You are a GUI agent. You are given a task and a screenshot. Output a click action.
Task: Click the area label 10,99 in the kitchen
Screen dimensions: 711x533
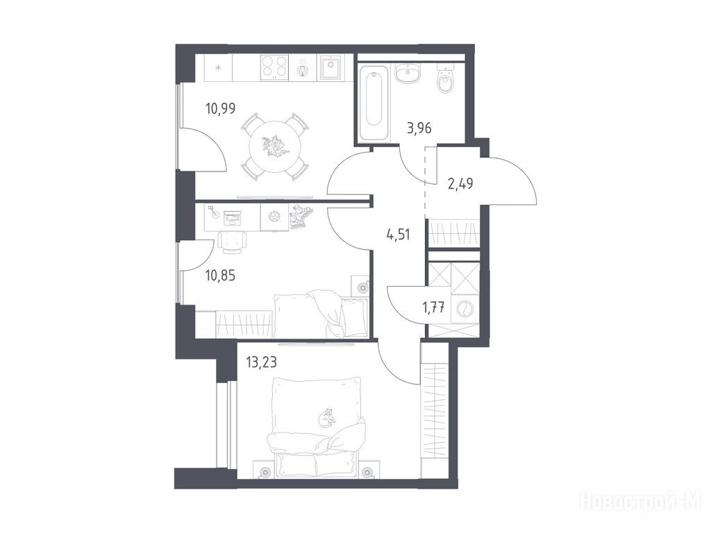(x=220, y=109)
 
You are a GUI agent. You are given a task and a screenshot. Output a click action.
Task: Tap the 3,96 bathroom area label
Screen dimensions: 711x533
(x=419, y=128)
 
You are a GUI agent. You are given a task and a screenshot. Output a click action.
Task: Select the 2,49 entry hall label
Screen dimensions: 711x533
(x=460, y=183)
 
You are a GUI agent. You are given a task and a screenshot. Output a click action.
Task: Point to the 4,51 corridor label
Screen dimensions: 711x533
(x=398, y=235)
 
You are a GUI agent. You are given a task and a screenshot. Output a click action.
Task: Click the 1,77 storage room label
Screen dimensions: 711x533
(x=433, y=307)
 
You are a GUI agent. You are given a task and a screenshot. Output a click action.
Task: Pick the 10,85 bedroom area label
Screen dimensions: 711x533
(x=220, y=275)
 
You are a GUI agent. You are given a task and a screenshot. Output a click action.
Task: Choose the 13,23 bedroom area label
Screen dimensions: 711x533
(x=261, y=362)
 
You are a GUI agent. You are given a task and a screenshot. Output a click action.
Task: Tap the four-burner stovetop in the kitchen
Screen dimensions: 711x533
(x=274, y=67)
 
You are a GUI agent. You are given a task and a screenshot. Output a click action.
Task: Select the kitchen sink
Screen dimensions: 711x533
(x=331, y=67)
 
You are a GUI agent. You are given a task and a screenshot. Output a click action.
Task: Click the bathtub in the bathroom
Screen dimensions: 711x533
(x=374, y=103)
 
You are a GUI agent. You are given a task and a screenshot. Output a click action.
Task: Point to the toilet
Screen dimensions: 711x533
(x=445, y=78)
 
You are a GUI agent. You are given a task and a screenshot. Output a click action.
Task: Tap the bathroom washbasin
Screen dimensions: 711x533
(x=408, y=74)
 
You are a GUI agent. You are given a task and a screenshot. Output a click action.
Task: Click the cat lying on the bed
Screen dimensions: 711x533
(x=326, y=417)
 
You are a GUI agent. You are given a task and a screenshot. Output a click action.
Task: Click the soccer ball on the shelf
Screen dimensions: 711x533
(x=275, y=217)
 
